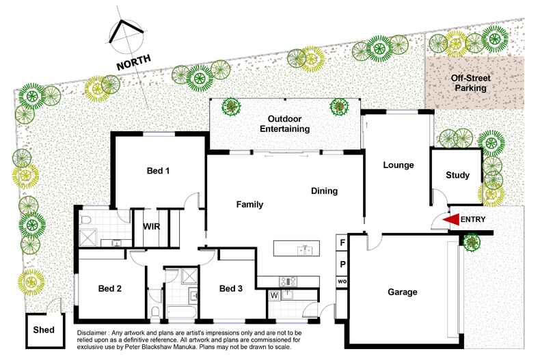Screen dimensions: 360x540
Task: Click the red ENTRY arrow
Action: point(450,219)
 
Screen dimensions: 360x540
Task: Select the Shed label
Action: point(44,330)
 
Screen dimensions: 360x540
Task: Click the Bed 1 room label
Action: point(158,171)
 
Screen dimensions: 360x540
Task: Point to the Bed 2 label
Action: point(109,289)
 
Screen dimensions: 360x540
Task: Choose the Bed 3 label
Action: point(231,289)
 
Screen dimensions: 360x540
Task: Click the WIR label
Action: point(151,226)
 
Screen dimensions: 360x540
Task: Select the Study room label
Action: point(457,176)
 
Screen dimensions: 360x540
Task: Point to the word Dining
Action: point(324,191)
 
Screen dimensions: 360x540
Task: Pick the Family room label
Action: point(250,204)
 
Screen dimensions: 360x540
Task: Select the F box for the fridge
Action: point(341,243)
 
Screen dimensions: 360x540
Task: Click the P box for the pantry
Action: point(341,264)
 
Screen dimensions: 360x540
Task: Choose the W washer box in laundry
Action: point(274,296)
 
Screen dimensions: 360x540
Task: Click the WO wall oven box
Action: point(341,281)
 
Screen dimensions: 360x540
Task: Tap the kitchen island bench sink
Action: point(304,250)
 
